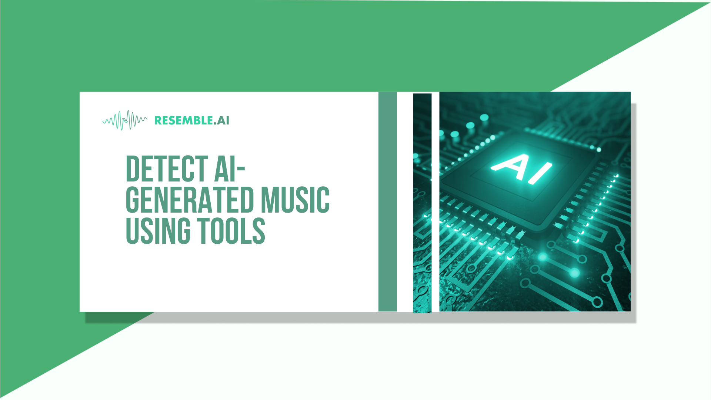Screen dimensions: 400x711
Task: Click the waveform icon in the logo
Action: pyautogui.click(x=125, y=120)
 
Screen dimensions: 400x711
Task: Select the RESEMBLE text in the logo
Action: pyautogui.click(x=183, y=120)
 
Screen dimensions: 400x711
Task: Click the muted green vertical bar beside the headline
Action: pyautogui.click(x=387, y=201)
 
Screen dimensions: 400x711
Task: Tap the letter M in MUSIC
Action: pyautogui.click(x=269, y=200)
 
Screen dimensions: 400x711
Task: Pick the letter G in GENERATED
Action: pyautogui.click(x=132, y=200)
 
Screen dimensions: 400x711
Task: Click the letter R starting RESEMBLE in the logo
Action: pyautogui.click(x=158, y=120)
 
